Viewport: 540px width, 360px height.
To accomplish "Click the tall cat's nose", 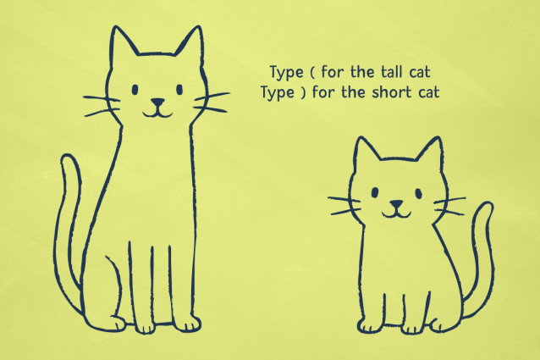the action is tap(157, 102).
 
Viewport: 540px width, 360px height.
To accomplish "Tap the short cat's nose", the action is tap(396, 204).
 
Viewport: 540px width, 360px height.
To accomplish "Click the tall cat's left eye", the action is tap(135, 90).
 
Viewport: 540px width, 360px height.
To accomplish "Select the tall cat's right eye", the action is tap(179, 90).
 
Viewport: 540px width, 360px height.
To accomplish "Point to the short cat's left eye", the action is tap(375, 192).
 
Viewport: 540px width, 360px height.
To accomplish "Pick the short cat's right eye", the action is tap(418, 193).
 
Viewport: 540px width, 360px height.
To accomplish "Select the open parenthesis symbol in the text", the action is tap(312, 73).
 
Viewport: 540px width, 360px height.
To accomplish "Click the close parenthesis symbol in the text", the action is tap(303, 93).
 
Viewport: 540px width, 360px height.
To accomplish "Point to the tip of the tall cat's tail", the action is tap(69, 156).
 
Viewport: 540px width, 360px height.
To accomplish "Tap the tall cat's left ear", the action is tap(121, 42).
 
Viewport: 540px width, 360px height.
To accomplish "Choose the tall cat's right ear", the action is tap(190, 42).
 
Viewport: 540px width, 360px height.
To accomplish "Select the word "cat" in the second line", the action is tap(429, 92).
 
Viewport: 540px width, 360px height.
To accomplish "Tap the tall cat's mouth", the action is tap(157, 113).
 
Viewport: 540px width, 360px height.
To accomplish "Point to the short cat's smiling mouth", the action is tap(396, 213).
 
